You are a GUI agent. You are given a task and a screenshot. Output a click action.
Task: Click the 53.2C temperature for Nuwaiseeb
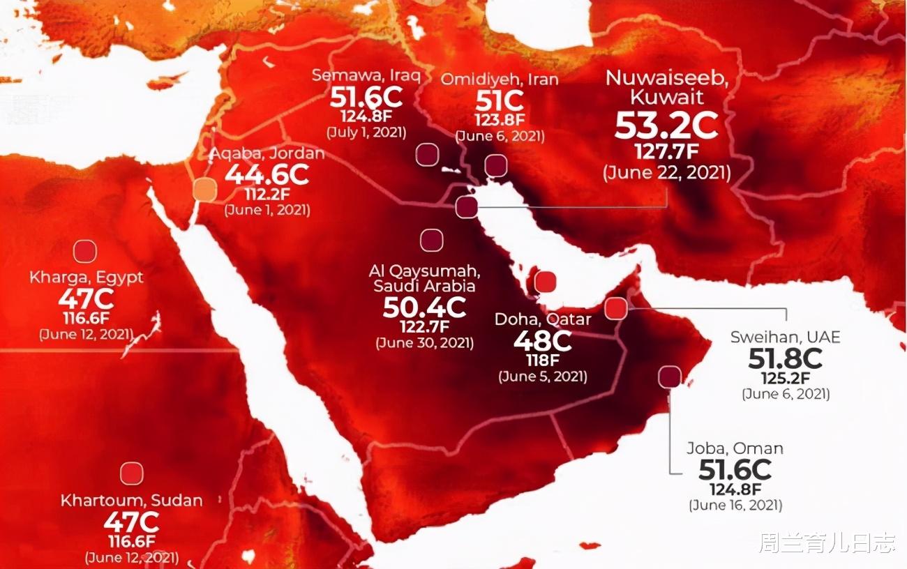click(x=666, y=125)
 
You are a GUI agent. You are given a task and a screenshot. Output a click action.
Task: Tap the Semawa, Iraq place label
click(x=366, y=75)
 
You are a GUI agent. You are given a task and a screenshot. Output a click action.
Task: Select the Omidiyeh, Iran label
click(x=500, y=79)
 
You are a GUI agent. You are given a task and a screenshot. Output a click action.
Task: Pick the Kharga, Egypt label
click(x=87, y=278)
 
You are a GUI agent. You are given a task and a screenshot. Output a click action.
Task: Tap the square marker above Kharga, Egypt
click(x=85, y=252)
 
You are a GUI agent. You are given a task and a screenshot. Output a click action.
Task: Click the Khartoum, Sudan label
click(x=132, y=501)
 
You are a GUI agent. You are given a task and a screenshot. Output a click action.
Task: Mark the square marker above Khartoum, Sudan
click(x=131, y=473)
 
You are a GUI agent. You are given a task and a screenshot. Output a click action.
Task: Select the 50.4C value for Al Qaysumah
click(x=424, y=306)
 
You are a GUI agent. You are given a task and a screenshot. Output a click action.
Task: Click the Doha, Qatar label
click(x=543, y=320)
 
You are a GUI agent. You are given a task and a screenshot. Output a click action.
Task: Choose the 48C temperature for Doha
click(x=543, y=341)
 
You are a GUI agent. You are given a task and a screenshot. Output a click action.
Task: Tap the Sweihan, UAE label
click(x=786, y=337)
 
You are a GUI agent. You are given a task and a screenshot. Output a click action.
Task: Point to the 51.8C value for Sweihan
click(x=786, y=358)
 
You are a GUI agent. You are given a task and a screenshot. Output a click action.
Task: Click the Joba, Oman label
click(x=735, y=448)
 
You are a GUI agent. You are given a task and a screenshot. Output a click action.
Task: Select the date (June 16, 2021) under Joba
click(x=735, y=505)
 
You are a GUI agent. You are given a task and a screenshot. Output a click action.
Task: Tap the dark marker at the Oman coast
click(x=670, y=377)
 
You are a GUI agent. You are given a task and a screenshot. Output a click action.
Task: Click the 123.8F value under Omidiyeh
click(x=500, y=121)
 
